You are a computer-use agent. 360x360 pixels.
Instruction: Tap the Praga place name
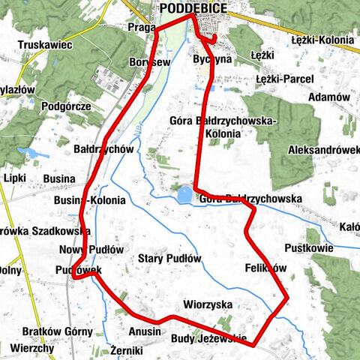pos(142,27)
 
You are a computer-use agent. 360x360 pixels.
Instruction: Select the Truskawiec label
pos(46,45)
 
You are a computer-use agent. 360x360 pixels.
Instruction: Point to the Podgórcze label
pos(67,107)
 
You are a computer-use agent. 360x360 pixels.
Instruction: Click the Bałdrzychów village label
pos(103,149)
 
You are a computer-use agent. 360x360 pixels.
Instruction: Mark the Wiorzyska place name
pos(208,304)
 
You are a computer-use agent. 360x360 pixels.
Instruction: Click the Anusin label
pos(145,331)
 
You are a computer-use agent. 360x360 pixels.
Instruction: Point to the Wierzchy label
pos(32,349)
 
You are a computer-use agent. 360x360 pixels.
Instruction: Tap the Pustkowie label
pos(308,247)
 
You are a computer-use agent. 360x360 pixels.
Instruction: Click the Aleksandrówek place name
pos(323,150)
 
